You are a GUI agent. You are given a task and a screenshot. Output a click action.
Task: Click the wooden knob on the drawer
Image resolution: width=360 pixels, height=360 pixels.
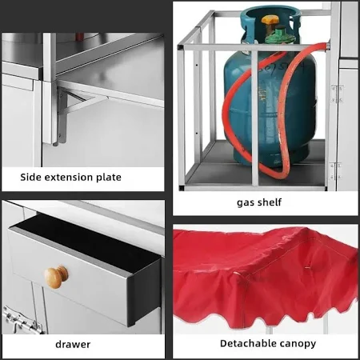56,277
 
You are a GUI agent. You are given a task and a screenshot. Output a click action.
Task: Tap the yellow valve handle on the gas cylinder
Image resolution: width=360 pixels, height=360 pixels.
270,20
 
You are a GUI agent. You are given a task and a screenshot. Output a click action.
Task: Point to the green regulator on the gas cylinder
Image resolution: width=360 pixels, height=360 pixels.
280,35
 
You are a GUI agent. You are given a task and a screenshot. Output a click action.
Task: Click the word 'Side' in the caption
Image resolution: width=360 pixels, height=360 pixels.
30,177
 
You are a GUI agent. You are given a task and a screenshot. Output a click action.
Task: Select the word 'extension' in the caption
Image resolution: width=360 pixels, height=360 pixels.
68,178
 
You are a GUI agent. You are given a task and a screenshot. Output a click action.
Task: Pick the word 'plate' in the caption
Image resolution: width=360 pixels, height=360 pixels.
109,178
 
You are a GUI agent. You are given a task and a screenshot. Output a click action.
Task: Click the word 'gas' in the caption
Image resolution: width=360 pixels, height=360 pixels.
245,203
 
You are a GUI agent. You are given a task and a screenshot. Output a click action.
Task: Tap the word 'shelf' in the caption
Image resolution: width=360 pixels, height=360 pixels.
270,202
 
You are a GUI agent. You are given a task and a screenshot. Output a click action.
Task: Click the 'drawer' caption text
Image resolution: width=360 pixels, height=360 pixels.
73,344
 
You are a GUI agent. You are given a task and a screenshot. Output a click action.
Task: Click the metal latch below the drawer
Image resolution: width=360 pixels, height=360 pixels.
22,321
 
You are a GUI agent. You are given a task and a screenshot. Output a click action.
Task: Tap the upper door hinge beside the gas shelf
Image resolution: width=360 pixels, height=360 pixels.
336,94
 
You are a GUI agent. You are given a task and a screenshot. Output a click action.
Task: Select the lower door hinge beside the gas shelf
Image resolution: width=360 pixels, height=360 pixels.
335,171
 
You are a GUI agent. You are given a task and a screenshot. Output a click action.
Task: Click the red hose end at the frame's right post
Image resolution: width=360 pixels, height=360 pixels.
326,46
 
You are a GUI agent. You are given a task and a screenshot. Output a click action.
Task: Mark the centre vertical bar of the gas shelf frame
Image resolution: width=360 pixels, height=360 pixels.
254,118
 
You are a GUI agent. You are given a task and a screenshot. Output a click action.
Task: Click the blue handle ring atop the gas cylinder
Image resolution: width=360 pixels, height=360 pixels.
269,18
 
